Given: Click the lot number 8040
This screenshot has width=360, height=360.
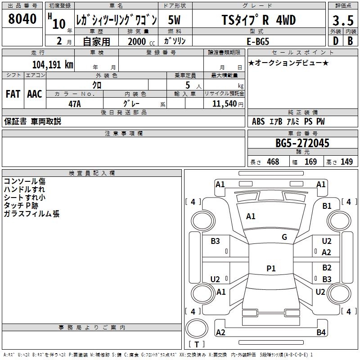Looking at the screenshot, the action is [22, 19].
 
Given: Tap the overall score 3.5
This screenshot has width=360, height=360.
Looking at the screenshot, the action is [342, 21].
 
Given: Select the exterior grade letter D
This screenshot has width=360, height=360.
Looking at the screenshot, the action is [335, 40].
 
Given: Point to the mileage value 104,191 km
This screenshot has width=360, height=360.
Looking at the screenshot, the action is [53, 65].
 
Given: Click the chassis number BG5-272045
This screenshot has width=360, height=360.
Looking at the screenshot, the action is [302, 144].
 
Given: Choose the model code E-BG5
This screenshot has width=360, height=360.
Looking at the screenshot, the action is [258, 40].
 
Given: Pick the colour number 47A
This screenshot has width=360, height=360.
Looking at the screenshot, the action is [74, 103].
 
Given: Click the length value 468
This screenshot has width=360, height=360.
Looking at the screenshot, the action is [273, 162].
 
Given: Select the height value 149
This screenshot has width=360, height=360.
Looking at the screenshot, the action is [346, 162].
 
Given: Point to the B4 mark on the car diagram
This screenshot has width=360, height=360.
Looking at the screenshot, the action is [321, 333].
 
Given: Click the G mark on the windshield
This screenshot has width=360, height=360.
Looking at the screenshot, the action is [284, 237].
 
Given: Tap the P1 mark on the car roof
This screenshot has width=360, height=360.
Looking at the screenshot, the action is [271, 269].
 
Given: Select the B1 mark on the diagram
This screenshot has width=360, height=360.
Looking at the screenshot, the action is [327, 206].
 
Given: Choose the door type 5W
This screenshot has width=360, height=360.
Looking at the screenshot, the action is [175, 20].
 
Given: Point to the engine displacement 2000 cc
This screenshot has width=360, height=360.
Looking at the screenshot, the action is [139, 41].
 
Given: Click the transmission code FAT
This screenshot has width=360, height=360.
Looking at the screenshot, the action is [13, 94].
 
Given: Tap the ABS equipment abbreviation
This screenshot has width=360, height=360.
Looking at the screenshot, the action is [258, 121].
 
